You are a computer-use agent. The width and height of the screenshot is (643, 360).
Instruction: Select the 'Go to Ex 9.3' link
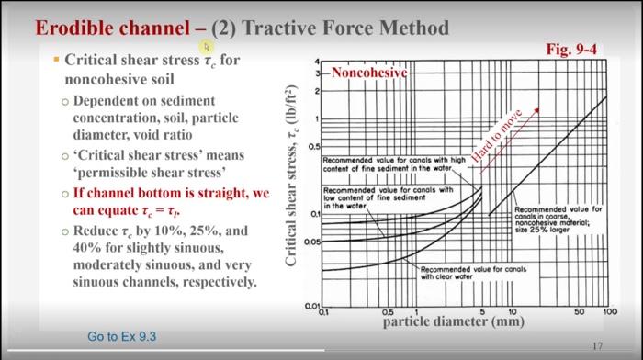(122, 336)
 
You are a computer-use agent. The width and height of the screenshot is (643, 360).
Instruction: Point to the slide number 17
(598, 345)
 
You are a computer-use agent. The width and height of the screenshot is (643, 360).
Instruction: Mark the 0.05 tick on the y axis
(313, 242)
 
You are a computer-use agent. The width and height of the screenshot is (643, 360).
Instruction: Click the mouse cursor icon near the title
(207, 45)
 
